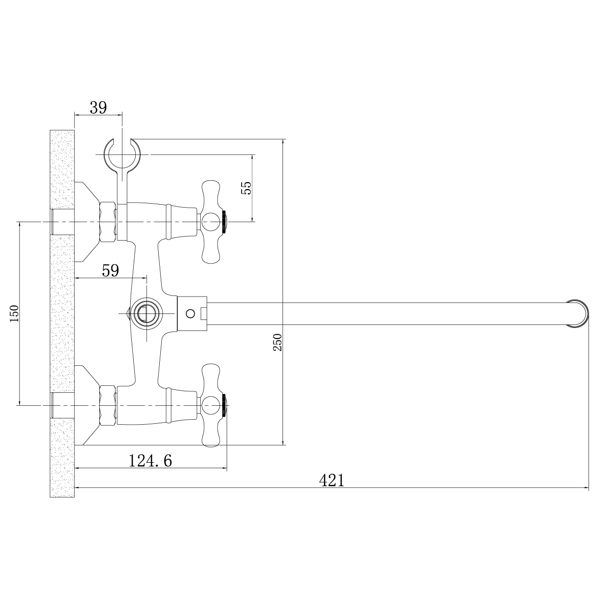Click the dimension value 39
(98, 108)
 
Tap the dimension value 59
(110, 271)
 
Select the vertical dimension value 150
(14, 313)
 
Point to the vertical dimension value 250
(277, 342)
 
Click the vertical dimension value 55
(246, 188)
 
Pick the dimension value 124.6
(150, 460)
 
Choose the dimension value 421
(331, 480)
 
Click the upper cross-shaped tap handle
(211, 221)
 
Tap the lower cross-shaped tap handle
(211, 405)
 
